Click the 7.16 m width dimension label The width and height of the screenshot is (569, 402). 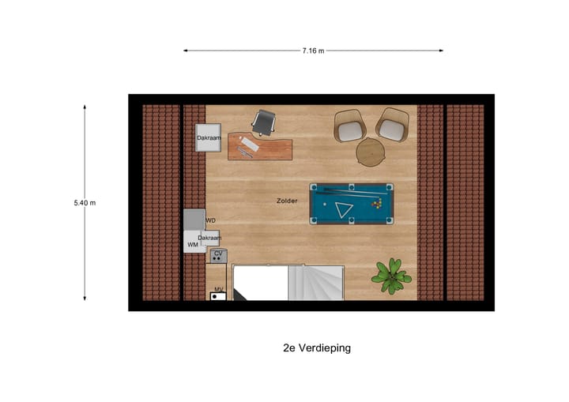[x=313, y=51]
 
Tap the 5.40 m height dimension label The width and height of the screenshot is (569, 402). [x=85, y=203]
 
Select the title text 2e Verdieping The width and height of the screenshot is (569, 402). [x=316, y=348]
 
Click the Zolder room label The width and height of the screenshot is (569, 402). [x=287, y=201]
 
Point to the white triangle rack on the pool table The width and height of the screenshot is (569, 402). [x=344, y=209]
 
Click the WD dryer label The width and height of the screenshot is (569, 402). [x=210, y=220]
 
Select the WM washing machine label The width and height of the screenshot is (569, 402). [x=192, y=245]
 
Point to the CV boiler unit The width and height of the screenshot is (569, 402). [x=218, y=255]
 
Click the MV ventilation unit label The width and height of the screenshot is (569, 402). [x=218, y=290]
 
